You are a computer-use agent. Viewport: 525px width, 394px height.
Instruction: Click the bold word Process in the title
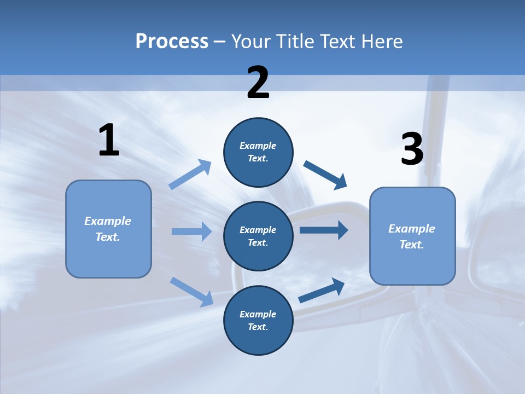coord(172,42)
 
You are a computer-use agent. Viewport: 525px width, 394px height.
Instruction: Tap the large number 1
coord(109,141)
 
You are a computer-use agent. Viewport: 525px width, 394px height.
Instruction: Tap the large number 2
coord(258,83)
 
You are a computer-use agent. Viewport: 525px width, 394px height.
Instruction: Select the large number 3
coord(412,149)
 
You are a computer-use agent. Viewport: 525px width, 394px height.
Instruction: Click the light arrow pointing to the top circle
coord(190,175)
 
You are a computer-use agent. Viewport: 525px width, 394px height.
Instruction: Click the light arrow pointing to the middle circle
coord(191,231)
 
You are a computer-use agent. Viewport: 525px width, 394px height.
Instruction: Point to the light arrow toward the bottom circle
coord(191,291)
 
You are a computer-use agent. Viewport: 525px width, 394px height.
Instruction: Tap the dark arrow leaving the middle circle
coord(324,230)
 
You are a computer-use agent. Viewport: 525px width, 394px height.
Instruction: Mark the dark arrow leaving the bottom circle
coord(322,290)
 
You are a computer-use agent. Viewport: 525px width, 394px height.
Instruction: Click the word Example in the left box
coord(108,221)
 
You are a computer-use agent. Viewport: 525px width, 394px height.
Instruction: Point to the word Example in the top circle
coord(258,146)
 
